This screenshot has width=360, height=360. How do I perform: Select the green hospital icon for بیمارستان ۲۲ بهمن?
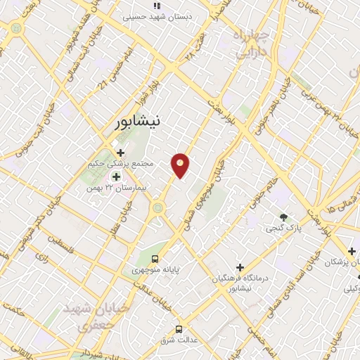tap(116, 176)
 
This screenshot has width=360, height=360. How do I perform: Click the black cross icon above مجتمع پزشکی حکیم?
tap(120, 152)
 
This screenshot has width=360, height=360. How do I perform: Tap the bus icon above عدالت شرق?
tap(179, 328)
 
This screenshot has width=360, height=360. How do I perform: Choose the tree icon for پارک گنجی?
tap(283, 217)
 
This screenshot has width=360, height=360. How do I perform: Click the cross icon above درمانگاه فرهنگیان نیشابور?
tap(240, 267)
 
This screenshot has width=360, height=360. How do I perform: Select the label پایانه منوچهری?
tap(157, 270)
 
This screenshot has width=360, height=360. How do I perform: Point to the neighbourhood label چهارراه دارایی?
tap(252, 44)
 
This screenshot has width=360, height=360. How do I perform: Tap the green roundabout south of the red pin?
tap(158, 207)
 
